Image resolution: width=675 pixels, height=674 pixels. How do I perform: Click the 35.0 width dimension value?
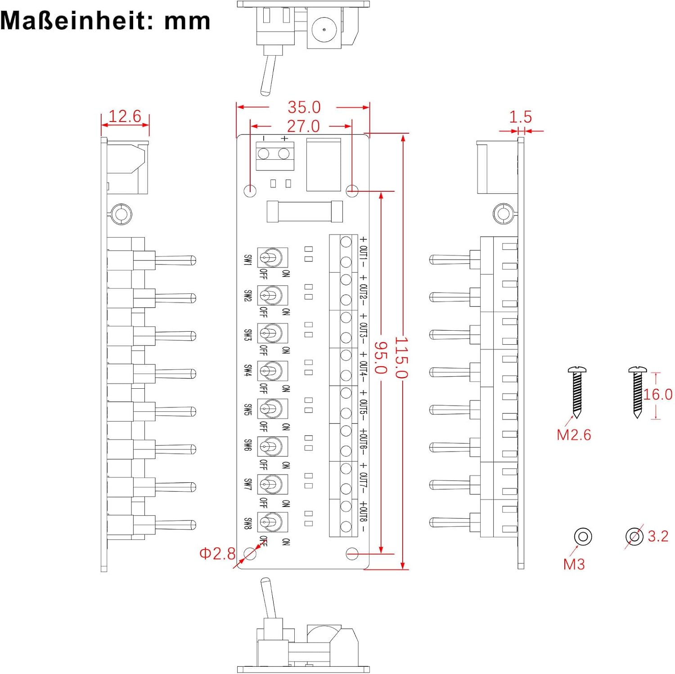click(x=304, y=107)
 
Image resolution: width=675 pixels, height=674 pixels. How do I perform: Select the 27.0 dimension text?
click(x=303, y=126)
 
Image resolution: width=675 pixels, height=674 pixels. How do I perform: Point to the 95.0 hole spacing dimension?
click(x=381, y=358)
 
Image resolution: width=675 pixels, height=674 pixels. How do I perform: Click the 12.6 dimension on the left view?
click(x=125, y=116)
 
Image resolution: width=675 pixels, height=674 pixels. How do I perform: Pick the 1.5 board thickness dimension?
click(x=520, y=117)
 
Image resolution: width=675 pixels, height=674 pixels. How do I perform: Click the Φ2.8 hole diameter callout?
click(x=217, y=553)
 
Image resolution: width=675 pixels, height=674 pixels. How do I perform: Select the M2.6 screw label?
click(x=574, y=435)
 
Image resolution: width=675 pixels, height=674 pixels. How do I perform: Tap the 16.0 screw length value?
click(x=657, y=395)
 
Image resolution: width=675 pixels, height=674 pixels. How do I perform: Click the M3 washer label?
click(x=574, y=564)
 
